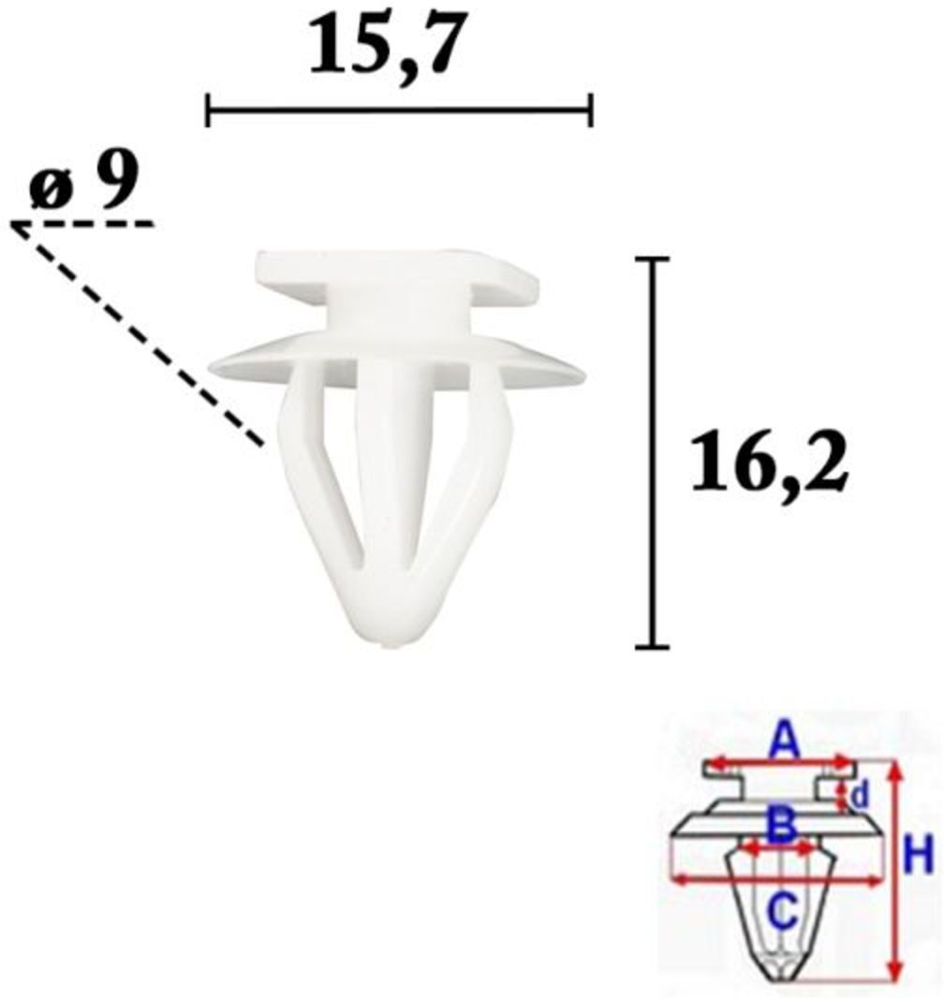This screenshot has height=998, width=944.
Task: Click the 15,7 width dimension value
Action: [x=384, y=43]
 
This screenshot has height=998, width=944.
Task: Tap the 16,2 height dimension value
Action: [x=769, y=461]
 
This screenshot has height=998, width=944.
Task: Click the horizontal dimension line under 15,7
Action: [x=400, y=110]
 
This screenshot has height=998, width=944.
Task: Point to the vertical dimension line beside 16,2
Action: [x=653, y=452]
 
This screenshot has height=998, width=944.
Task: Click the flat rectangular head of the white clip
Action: [x=397, y=275]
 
